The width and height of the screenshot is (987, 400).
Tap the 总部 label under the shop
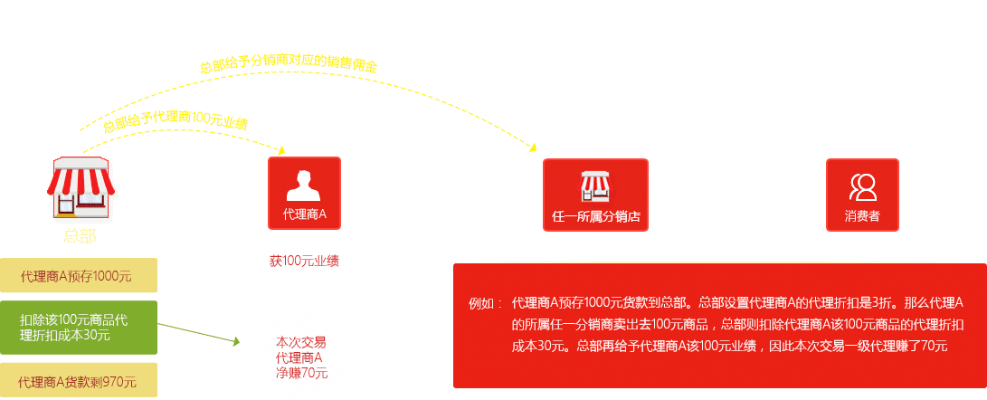pos(80,237)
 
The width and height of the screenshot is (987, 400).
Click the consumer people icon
pos(862,186)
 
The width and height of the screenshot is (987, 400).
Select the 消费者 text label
pos(862,218)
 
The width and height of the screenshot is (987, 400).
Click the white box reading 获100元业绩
pos(303,260)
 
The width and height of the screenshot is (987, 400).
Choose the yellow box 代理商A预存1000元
pos(78,276)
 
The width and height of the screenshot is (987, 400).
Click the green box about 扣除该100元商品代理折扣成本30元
pos(78,328)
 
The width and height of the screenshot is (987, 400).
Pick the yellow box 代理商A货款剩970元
pos(78,381)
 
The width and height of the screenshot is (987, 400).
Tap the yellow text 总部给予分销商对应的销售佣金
pos(289,67)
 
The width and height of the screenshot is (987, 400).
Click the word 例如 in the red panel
pos(481,302)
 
